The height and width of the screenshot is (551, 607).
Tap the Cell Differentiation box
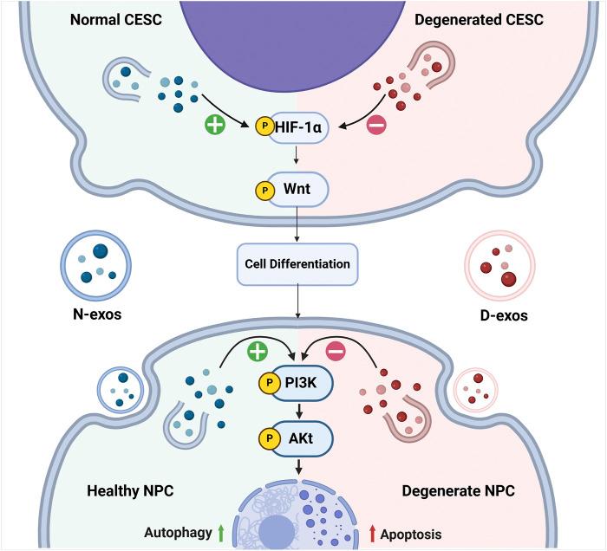(x=297, y=263)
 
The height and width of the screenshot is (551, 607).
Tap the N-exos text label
(x=97, y=314)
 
